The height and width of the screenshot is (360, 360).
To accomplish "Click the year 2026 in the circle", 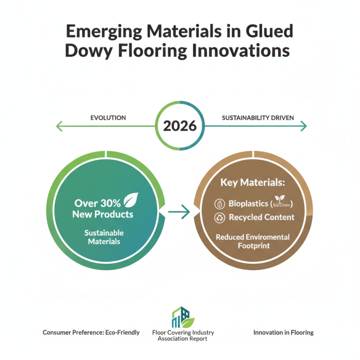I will tap(180, 126).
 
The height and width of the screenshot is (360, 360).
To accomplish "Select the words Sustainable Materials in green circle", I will tap(103, 237).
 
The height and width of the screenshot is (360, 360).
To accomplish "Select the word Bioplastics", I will tap(248, 203).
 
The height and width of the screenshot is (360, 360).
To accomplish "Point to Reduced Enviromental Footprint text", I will tap(252, 241).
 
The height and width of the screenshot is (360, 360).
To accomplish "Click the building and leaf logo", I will tap(183, 318).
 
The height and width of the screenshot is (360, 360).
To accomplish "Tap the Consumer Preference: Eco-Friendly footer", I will tap(91, 333).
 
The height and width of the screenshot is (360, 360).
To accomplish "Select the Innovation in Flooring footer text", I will tap(283, 333).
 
